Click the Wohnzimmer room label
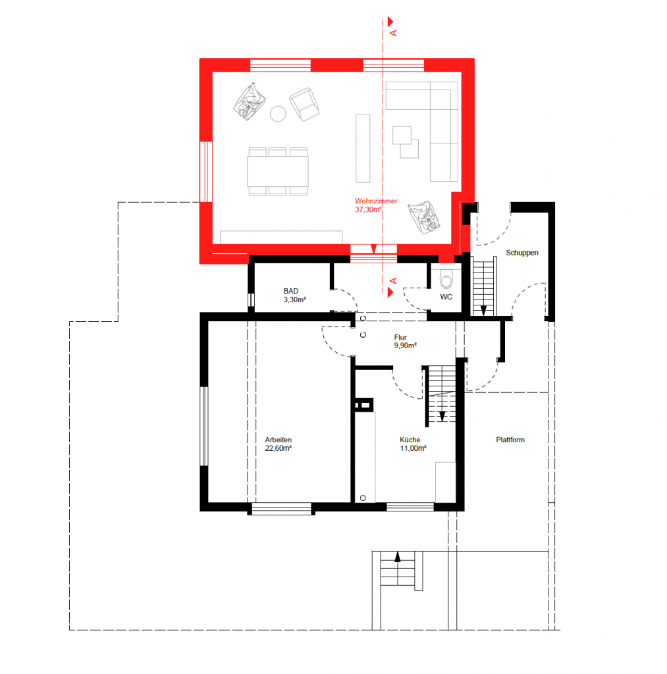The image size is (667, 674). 376,201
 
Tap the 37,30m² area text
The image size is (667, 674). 369,210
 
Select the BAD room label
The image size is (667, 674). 291,291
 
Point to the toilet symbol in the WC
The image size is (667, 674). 446,280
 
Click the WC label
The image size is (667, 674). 446,297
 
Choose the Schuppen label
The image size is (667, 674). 522,253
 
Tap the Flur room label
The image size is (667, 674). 400,338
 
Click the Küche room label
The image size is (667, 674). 410,440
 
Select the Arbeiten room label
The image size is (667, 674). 279,440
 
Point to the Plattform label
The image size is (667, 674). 510,440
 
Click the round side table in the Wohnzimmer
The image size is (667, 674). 278,114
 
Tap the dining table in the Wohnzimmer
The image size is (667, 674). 278,172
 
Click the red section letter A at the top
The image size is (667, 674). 393,33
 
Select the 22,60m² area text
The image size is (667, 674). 279,448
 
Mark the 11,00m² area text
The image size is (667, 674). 414,448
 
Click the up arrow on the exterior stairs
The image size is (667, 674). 397,557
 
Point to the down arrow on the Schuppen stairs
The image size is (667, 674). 483,311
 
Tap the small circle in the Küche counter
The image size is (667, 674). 363,498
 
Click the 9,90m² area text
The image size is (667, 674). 405,346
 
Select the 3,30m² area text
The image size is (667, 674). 294,299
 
